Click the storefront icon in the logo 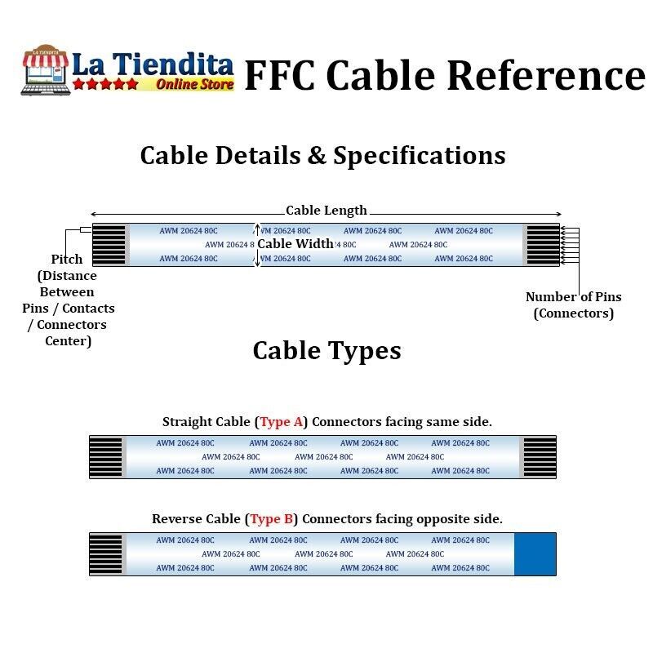pyautogui.click(x=45, y=70)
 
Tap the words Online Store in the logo pyautogui.click(x=194, y=85)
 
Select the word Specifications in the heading pyautogui.click(x=420, y=156)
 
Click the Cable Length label pyautogui.click(x=326, y=211)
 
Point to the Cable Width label pyautogui.click(x=295, y=243)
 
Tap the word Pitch pyautogui.click(x=67, y=260)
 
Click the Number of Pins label pyautogui.click(x=574, y=297)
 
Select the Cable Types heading pyautogui.click(x=327, y=351)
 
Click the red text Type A pyautogui.click(x=281, y=422)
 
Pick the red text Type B pyautogui.click(x=272, y=519)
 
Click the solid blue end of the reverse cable pyautogui.click(x=535, y=554)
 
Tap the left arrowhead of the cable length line pyautogui.click(x=94, y=214)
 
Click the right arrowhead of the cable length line pyautogui.click(x=558, y=214)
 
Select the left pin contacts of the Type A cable pyautogui.click(x=106, y=457)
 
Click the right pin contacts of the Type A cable pyautogui.click(x=540, y=457)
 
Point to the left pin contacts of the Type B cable pyautogui.click(x=106, y=554)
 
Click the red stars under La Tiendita pyautogui.click(x=105, y=84)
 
